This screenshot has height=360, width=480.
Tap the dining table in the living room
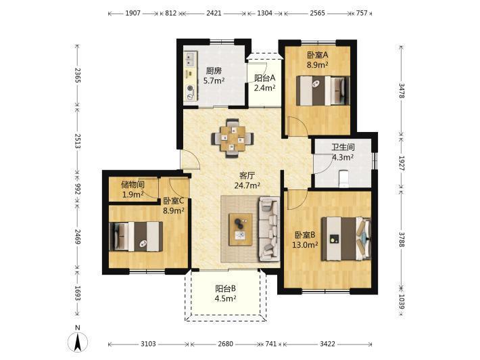click(233, 138)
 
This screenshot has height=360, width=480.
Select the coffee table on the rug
click(241, 229)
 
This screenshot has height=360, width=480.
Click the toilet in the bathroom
click(343, 179)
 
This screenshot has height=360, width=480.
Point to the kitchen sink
click(191, 59)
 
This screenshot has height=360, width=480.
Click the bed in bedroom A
click(322, 91)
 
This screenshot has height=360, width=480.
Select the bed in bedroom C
click(136, 237)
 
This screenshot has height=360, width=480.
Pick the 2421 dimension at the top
click(214, 13)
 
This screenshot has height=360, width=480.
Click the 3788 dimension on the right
click(402, 240)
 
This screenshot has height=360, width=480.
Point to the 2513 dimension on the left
click(78, 141)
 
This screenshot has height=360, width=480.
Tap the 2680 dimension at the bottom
click(225, 344)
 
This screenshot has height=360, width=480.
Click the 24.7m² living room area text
click(247, 185)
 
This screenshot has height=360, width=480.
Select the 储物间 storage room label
click(133, 185)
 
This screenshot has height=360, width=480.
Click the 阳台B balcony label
click(225, 289)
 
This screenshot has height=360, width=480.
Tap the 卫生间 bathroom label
click(343, 148)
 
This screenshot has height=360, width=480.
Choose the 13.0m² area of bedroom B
click(305, 245)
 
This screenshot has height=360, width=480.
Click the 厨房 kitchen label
click(214, 71)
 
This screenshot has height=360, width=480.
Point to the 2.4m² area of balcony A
click(264, 88)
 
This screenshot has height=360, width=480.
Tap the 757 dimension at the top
click(362, 13)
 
